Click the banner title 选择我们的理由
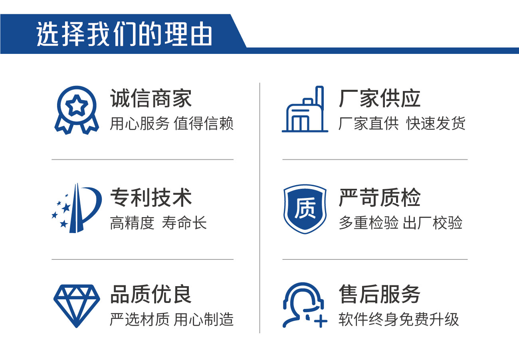(124, 34)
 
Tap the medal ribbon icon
(77, 110)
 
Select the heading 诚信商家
(151, 98)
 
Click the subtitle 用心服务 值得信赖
(171, 123)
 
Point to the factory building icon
(305, 109)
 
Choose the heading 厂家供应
(380, 98)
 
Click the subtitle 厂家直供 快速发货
(402, 123)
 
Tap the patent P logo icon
(77, 208)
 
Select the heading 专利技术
(151, 198)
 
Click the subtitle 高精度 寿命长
(158, 223)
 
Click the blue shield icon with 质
(305, 209)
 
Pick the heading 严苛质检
(380, 198)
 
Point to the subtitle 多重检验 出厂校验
(400, 223)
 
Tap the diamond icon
(77, 306)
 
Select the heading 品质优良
(151, 294)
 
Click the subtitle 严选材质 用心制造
(171, 319)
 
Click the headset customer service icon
(305, 305)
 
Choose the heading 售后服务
(380, 294)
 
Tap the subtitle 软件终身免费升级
(398, 319)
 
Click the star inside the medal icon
(77, 105)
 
